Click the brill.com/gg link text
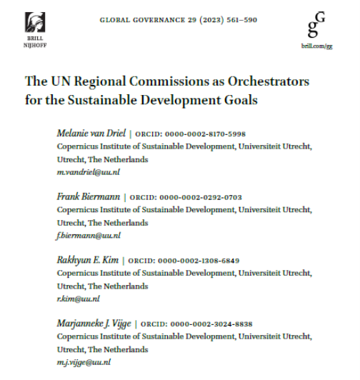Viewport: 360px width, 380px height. tap(316, 46)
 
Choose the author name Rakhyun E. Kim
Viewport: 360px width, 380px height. tap(87, 260)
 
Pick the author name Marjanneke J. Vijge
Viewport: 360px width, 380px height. tap(94, 323)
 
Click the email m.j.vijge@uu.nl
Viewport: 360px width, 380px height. tap(84, 361)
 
